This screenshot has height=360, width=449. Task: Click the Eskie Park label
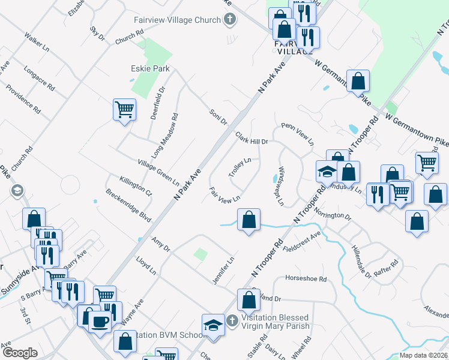click(x=150, y=69)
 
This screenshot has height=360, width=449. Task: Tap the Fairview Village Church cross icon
click(x=229, y=20)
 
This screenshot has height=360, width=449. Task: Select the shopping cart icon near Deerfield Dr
click(x=124, y=110)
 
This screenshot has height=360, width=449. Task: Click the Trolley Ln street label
click(x=239, y=167)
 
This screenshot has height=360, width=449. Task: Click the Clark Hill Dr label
click(x=251, y=138)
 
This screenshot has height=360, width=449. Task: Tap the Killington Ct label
click(x=136, y=187)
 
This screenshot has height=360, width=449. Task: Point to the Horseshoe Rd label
click(x=306, y=279)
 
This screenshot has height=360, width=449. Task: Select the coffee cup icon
click(x=100, y=322)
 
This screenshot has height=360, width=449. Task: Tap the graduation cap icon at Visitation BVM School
click(x=212, y=326)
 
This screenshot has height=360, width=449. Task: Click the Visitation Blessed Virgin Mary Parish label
click(x=275, y=322)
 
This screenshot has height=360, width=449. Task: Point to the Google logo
click(x=20, y=352)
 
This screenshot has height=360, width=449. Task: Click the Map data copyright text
click(x=423, y=355)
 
